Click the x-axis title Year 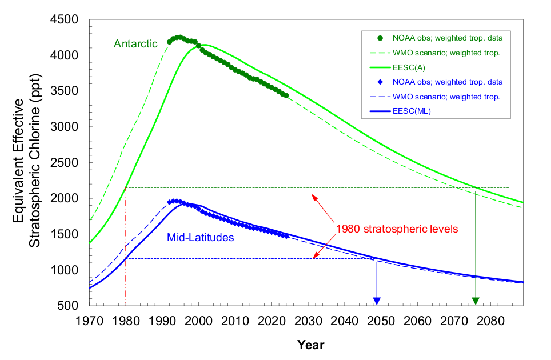tap(310, 345)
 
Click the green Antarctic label tap(135, 43)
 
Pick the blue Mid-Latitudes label tap(200, 237)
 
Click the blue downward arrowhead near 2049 tap(377, 301)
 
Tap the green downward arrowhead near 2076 tap(476, 301)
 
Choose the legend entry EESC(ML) tap(412, 111)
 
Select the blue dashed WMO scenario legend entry tap(446, 97)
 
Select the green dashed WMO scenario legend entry tap(446, 53)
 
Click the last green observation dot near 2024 tap(286, 95)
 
